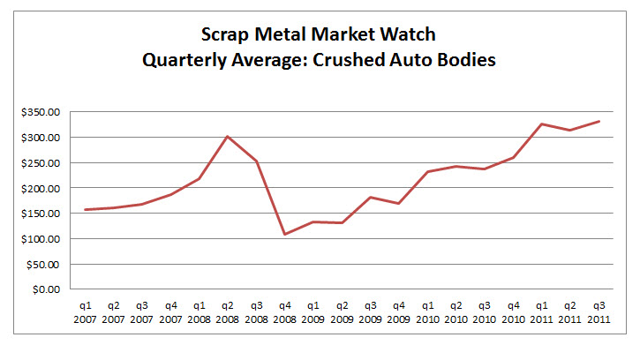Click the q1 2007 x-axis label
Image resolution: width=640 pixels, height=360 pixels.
coord(85,312)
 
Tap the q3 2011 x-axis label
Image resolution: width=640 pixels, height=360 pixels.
coord(598,312)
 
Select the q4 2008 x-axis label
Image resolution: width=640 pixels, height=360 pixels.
coord(284,312)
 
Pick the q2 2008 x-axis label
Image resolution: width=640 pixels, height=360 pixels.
coord(228,312)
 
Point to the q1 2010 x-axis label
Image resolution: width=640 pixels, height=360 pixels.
coord(427,312)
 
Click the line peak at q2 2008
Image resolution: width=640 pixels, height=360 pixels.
coord(228,137)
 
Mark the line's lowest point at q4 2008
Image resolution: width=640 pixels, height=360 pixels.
coord(284,234)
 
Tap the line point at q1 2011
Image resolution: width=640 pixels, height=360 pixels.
coord(541,124)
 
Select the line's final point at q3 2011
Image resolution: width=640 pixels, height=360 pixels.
coord(599,122)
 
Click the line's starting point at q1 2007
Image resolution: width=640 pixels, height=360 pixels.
coord(85,210)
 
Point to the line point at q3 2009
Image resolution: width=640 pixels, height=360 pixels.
coord(370,198)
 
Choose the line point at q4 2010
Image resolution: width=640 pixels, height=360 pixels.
coord(513,158)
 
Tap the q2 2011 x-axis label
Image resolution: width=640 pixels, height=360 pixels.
coord(569,312)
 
